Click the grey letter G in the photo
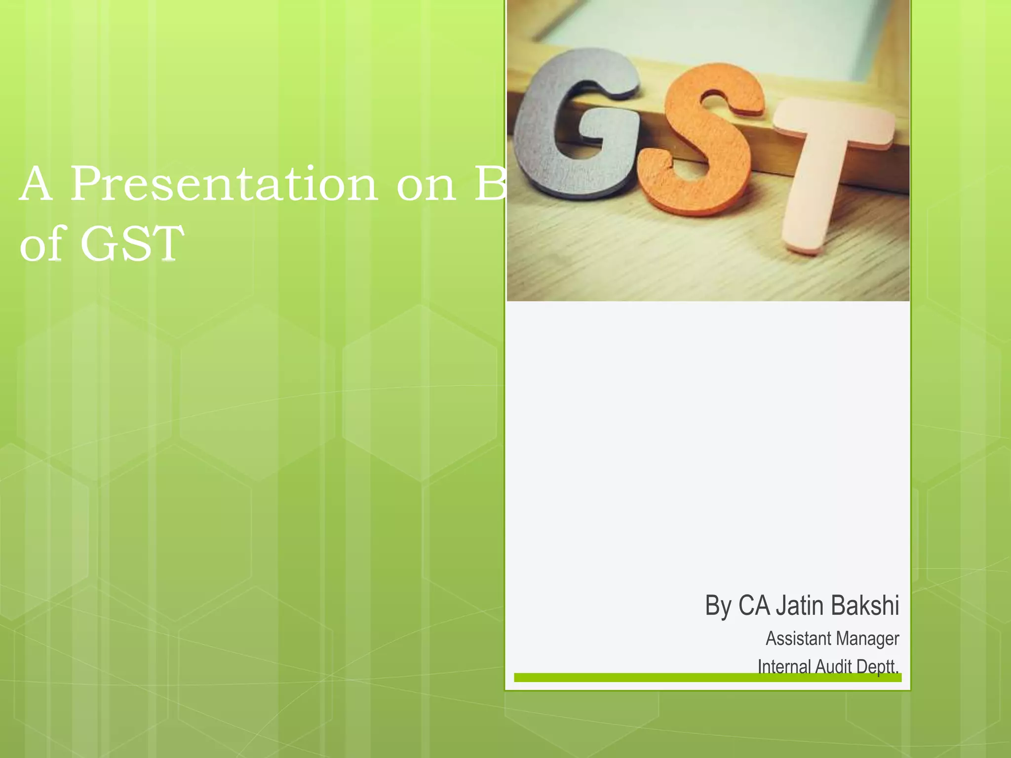click(x=573, y=123)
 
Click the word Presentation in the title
click(x=225, y=185)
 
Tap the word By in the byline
click(x=718, y=606)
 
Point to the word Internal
click(x=784, y=666)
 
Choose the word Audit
click(x=834, y=666)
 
